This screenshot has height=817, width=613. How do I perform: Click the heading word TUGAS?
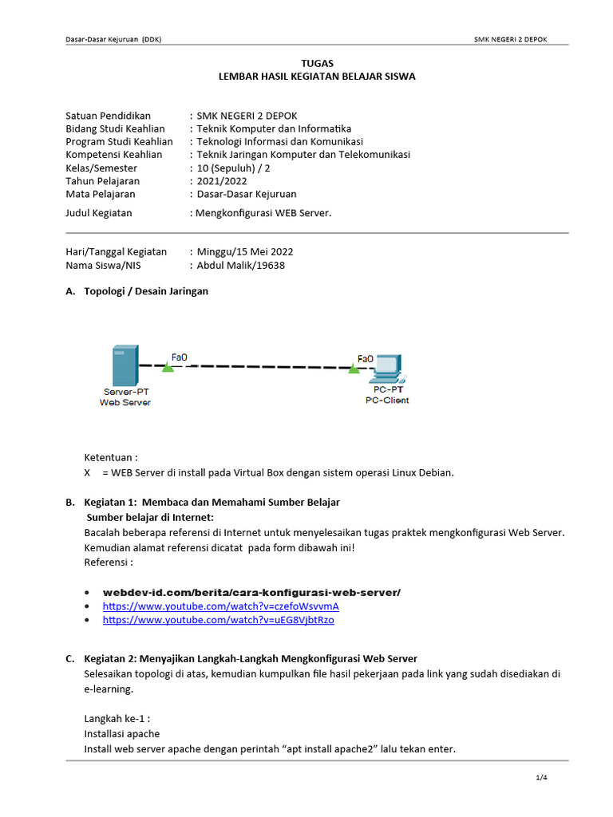click(317, 63)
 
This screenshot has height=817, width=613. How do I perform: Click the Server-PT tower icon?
click(125, 365)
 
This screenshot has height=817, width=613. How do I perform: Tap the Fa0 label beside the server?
click(180, 357)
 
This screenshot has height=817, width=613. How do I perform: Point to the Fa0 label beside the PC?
click(365, 359)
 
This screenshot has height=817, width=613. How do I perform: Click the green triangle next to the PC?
click(354, 368)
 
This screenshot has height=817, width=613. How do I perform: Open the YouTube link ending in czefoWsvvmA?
click(221, 606)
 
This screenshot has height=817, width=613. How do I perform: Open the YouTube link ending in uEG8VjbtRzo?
click(218, 620)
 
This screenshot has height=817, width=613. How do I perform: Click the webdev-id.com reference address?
click(251, 592)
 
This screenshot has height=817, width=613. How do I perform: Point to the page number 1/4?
click(541, 778)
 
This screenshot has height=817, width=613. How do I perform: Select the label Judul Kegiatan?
click(99, 213)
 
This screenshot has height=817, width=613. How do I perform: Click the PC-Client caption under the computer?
click(387, 401)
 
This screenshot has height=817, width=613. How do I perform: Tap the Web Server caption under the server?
click(125, 403)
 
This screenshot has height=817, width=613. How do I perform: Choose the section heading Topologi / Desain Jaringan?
click(146, 291)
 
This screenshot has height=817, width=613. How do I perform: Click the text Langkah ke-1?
click(117, 718)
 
